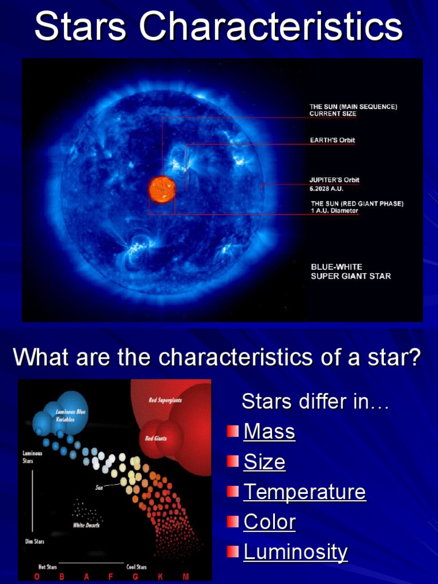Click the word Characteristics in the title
271,27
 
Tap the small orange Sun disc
162,189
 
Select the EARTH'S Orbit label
332,140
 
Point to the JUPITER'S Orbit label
334,180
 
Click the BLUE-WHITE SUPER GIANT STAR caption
350,271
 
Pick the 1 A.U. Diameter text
334,211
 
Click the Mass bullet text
269,432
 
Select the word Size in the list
264,462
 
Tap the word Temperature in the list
305,492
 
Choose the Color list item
269,522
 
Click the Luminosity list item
295,552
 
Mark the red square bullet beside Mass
232,431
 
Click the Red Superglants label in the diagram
165,400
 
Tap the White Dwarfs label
86,525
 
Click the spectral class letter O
37,577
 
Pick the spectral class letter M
186,577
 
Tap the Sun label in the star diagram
99,488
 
